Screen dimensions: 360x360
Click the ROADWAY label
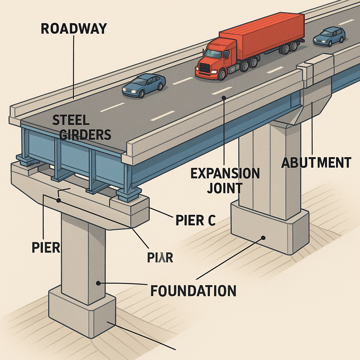point(73,28)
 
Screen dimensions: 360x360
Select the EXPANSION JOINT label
point(225,180)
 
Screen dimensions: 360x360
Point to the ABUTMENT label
point(316,163)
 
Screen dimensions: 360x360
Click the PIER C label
point(195,220)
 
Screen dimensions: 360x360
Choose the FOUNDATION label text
point(193,291)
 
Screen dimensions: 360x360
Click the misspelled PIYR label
point(160,258)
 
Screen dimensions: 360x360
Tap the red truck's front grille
point(205,67)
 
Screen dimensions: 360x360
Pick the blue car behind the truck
point(329,37)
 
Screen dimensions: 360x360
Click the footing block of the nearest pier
point(82,311)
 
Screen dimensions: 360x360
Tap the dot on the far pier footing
point(263,238)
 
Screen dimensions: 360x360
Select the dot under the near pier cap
point(58,200)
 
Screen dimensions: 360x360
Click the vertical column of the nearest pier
point(83,257)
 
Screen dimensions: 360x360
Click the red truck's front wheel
point(221,74)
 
